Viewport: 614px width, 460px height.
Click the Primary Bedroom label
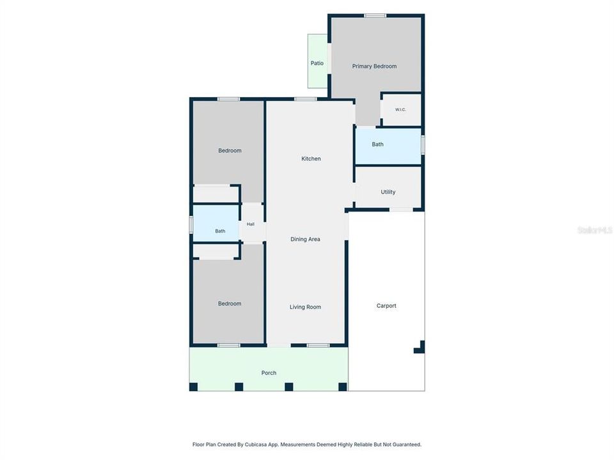(374, 66)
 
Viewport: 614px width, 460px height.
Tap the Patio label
(317, 63)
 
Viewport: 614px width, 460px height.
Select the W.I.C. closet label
(400, 109)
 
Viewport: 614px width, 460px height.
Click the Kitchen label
(311, 158)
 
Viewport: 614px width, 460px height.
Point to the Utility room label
(388, 192)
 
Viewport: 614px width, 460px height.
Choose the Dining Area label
(306, 239)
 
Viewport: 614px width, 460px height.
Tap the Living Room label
(306, 307)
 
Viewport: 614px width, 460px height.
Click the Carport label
(386, 306)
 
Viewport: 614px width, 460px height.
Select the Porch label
(269, 372)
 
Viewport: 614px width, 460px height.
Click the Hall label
(251, 224)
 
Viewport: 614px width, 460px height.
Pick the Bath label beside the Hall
(220, 231)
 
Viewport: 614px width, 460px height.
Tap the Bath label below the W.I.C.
(377, 144)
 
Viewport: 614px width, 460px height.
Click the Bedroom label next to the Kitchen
(230, 151)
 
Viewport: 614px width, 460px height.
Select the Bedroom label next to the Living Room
(230, 303)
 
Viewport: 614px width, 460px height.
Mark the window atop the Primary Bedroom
(375, 15)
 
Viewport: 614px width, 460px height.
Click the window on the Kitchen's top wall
(306, 100)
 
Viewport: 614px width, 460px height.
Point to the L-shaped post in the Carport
(420, 348)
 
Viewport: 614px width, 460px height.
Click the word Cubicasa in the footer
(255, 445)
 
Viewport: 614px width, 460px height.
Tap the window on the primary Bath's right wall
(423, 144)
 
